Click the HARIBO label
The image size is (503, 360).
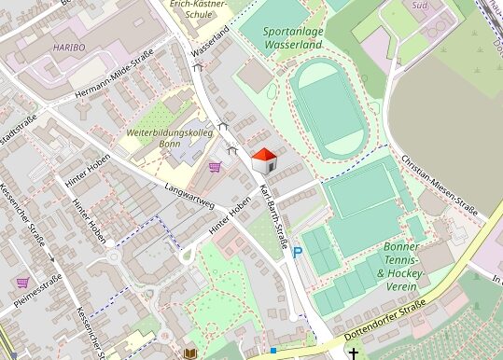point(69,46)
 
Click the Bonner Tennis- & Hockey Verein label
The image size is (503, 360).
point(401,262)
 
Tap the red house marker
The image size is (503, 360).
point(265,159)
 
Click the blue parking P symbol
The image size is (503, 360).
point(298,252)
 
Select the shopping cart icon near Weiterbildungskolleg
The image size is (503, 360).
point(216,168)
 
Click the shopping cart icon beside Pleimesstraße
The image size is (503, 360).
point(21,282)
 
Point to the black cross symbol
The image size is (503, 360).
point(354,353)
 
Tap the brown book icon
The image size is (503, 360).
point(190,353)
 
